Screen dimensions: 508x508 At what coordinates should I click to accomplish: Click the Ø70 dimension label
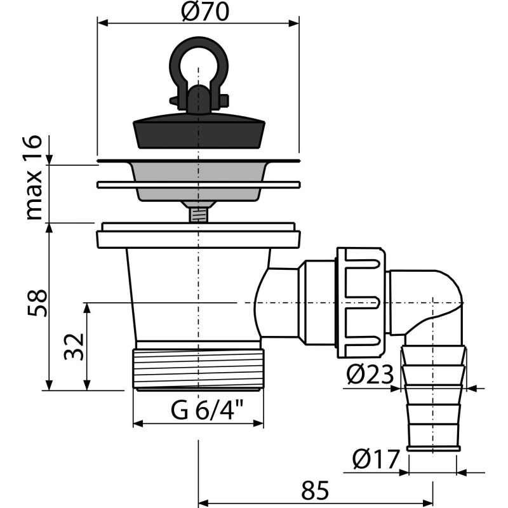(198, 13)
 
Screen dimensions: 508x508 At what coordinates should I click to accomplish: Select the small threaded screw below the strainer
(198, 212)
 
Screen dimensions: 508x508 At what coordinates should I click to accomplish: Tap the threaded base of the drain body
(198, 367)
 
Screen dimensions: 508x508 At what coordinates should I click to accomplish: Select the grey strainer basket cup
(198, 180)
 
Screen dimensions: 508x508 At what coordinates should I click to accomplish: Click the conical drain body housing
(190, 292)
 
